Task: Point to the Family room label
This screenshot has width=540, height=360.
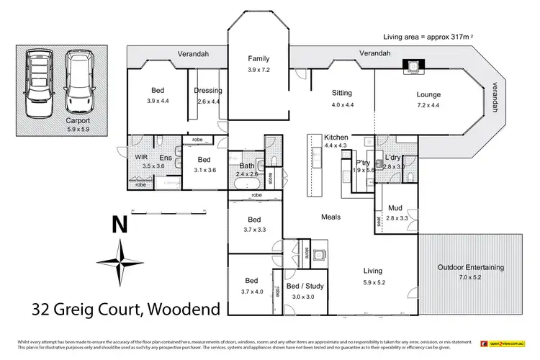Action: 258,59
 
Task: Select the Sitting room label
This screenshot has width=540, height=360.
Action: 342,93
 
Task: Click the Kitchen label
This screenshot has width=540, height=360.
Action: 336,137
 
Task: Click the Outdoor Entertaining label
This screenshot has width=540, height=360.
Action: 470,267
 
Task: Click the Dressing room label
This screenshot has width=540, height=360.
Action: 207,91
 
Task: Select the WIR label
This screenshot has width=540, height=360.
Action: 141,156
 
